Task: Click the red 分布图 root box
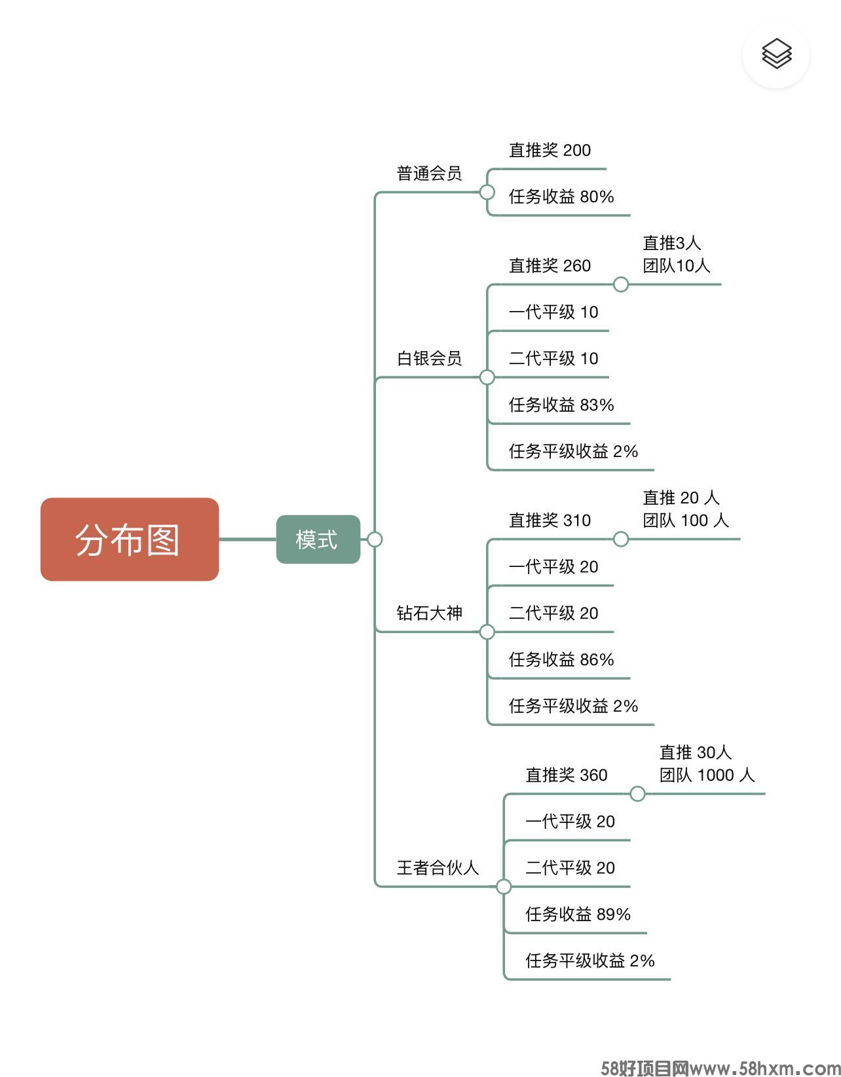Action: [x=129, y=539]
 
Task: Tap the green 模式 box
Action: [x=318, y=539]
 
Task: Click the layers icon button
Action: [x=776, y=54]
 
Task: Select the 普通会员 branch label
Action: [x=429, y=173]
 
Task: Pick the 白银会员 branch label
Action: [x=429, y=359]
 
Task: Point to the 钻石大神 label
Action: [x=429, y=613]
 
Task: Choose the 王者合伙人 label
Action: [x=438, y=868]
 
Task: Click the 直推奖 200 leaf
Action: [x=550, y=151]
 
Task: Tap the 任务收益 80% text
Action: [x=561, y=197]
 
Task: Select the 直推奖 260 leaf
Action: [x=550, y=266]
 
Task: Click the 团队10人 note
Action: [x=676, y=266]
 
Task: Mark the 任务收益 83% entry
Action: [x=561, y=405]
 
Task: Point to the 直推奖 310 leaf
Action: [x=550, y=520]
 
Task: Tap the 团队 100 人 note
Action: [x=685, y=520]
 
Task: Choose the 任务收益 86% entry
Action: [x=561, y=660]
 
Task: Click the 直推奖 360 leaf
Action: [x=567, y=775]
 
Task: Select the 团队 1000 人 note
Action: [x=707, y=775]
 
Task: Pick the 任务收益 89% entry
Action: [x=578, y=915]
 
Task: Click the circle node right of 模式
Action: [x=375, y=539]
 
